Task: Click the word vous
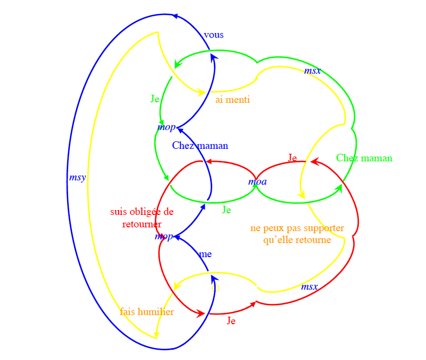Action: point(214,35)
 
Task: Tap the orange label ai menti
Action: point(233,100)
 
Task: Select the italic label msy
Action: point(77,178)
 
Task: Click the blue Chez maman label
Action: point(200,146)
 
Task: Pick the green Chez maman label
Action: point(364,158)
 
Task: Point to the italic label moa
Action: point(257,182)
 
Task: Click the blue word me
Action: point(205,254)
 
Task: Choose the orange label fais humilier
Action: point(147,312)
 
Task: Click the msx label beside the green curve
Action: point(312,71)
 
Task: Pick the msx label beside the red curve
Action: point(309,287)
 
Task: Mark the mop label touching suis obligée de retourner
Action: point(164,237)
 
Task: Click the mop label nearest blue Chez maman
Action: point(167,128)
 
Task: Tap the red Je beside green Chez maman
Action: point(292,158)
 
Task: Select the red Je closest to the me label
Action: point(231,321)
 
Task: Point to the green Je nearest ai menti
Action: point(155,99)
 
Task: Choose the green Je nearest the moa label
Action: point(226,210)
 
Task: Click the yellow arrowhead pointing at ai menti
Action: point(201,92)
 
